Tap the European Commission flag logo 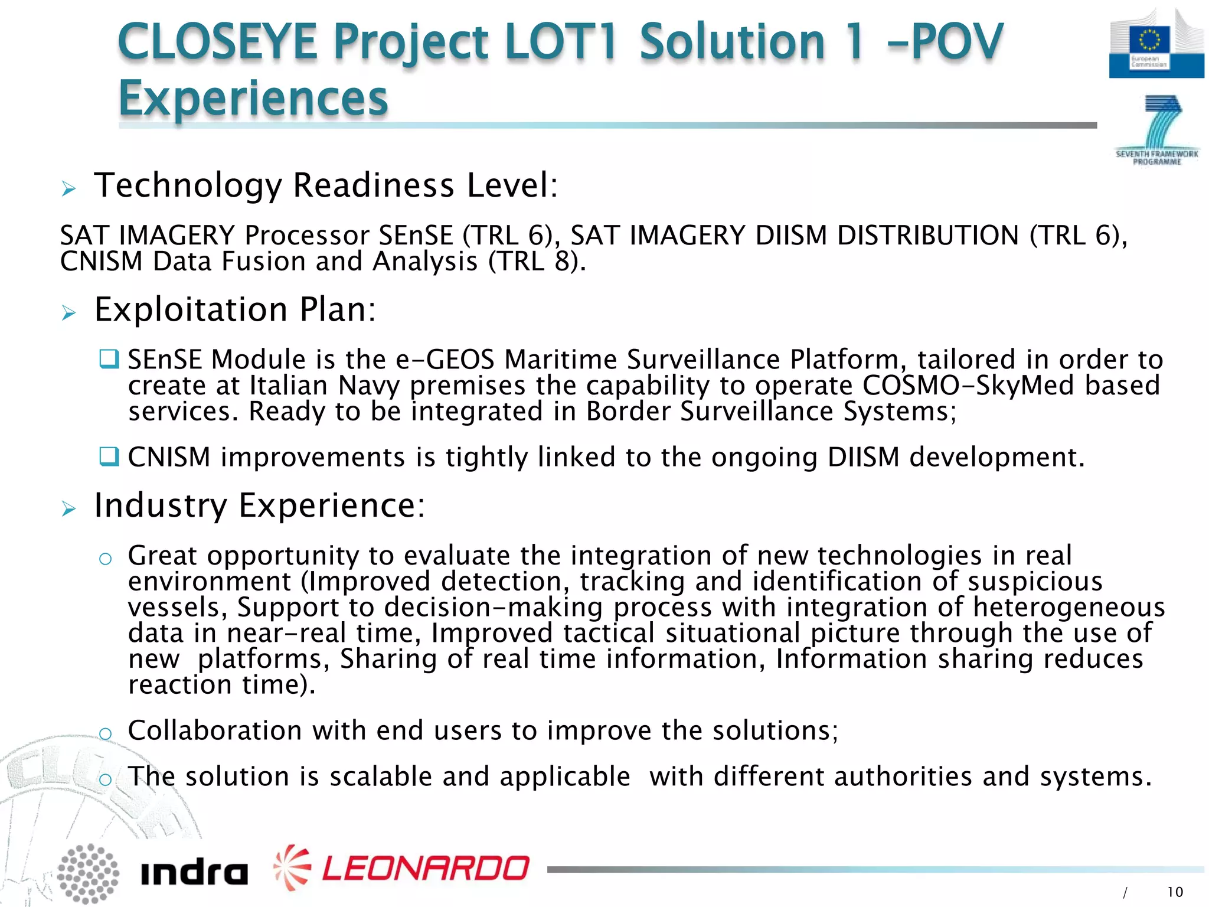point(1156,44)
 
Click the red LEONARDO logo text point(425,868)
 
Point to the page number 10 point(1175,892)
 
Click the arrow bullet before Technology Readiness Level point(69,189)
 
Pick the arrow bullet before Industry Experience point(69,508)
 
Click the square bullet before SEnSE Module point(109,358)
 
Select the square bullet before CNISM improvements point(109,456)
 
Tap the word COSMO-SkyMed point(968,386)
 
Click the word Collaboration point(215,731)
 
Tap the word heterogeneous point(1069,608)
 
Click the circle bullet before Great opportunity point(106,559)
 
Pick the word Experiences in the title point(253,98)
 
